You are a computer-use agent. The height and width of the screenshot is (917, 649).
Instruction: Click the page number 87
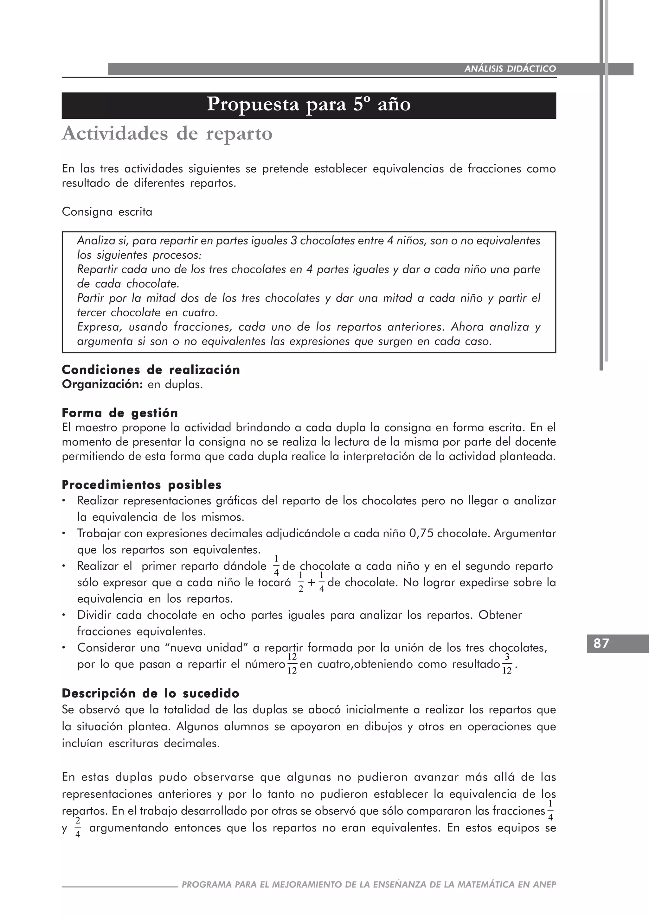click(601, 643)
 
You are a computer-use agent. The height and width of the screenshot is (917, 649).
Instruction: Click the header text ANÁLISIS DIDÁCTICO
click(510, 69)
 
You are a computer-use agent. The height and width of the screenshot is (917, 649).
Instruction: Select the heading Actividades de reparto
click(167, 133)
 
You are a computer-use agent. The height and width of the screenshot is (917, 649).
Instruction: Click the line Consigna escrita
click(107, 212)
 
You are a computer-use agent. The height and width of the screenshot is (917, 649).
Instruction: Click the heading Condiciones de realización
click(151, 370)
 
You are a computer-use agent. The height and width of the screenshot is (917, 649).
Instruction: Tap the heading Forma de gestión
click(119, 413)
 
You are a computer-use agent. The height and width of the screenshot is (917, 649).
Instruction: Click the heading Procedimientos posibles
click(141, 485)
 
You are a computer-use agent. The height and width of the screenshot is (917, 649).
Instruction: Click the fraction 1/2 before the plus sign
click(300, 582)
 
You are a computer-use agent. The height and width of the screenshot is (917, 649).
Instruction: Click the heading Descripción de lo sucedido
click(150, 693)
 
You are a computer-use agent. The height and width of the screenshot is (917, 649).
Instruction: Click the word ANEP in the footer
click(545, 884)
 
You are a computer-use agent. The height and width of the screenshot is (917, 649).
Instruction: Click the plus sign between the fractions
click(311, 583)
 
